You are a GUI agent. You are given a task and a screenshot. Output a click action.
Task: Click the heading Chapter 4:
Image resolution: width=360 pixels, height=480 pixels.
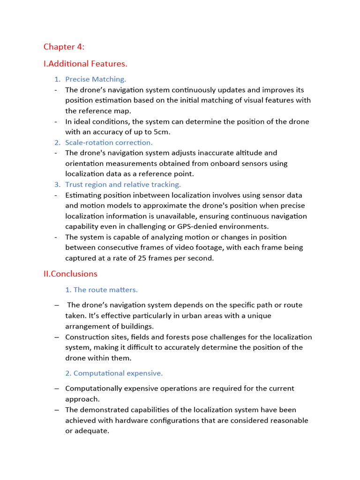point(64,46)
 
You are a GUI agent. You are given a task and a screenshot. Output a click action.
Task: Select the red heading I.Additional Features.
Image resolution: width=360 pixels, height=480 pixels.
point(85,63)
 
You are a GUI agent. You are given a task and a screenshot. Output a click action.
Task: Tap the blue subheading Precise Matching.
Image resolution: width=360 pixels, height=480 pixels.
point(95,79)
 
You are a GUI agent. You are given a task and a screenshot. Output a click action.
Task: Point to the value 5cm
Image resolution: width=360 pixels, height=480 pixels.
point(162,132)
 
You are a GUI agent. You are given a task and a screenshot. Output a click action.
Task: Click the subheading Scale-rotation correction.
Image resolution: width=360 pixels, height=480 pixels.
point(109,142)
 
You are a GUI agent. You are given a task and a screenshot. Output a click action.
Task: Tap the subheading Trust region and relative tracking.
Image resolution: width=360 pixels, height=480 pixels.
point(123,185)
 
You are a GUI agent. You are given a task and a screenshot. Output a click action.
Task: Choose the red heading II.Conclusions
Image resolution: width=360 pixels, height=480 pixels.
point(70,274)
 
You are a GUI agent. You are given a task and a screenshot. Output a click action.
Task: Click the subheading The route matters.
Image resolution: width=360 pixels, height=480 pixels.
point(105,290)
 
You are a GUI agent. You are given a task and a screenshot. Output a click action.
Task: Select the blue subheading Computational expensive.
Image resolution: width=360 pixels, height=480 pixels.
point(118,373)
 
